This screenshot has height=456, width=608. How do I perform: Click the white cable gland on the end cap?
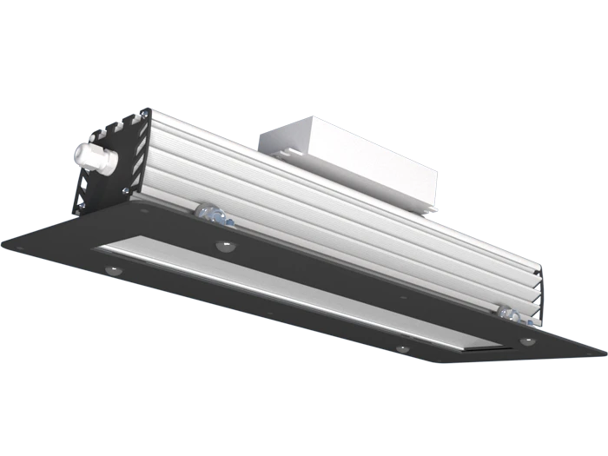click(x=93, y=156)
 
